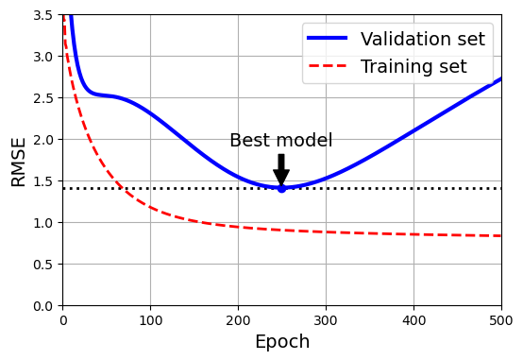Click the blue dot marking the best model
(281, 188)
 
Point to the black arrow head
(281, 178)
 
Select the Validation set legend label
(422, 40)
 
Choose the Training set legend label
(413, 67)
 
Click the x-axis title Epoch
(281, 342)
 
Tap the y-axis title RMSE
(19, 161)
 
